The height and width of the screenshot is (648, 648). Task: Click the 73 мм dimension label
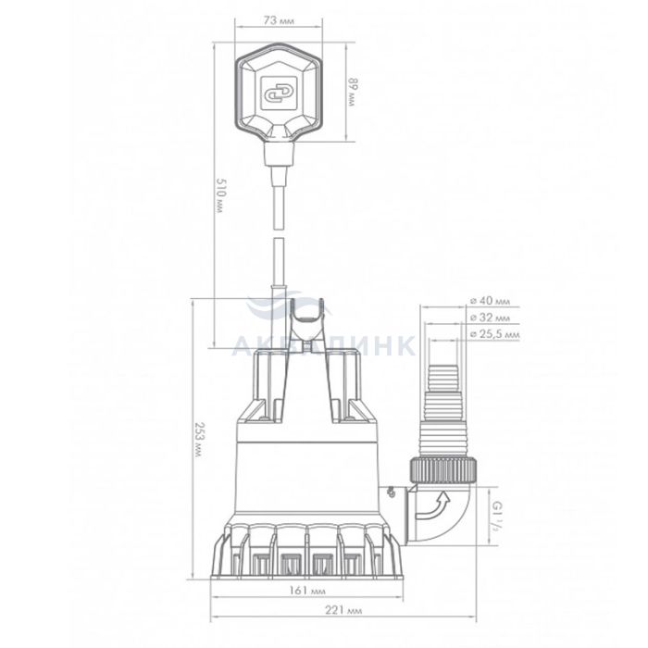278,20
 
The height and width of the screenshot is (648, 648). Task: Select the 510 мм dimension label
220,195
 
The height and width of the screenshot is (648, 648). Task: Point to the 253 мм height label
199,440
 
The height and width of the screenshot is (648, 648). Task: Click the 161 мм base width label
306,591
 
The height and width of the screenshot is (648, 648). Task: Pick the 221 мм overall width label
343,610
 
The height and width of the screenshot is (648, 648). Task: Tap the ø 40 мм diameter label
490,301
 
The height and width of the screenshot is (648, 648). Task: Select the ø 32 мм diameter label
490,317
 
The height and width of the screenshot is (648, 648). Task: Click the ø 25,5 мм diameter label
494,333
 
